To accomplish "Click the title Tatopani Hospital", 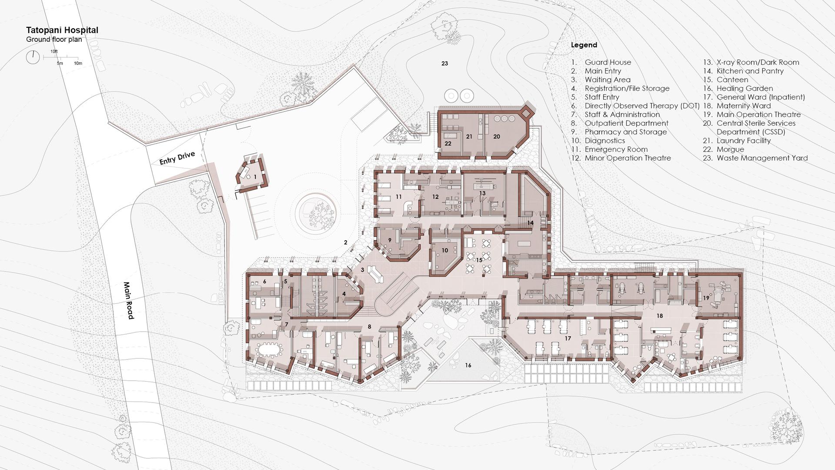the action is coord(62,30).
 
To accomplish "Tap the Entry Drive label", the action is coord(177,158).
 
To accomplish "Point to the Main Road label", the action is coord(128,300).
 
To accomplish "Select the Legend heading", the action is coord(584,45).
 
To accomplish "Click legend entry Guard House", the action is coord(608,62).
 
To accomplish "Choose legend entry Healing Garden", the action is coord(745,88).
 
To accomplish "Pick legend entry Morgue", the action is coord(730,149).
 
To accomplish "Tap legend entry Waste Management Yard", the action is coord(762,158).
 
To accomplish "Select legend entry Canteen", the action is coord(732,80).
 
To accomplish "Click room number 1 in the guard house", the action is coord(255,177).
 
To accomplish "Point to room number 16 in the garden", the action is coord(468,365).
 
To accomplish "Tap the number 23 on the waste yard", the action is coord(444,64).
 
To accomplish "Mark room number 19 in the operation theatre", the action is coord(706,298).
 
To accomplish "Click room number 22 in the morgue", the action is coord(448,144).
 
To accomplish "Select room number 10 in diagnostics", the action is coord(444,250).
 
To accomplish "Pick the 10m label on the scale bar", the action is coord(78,64).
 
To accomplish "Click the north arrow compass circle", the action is coord(33,57).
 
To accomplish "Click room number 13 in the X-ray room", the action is coord(482,193).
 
